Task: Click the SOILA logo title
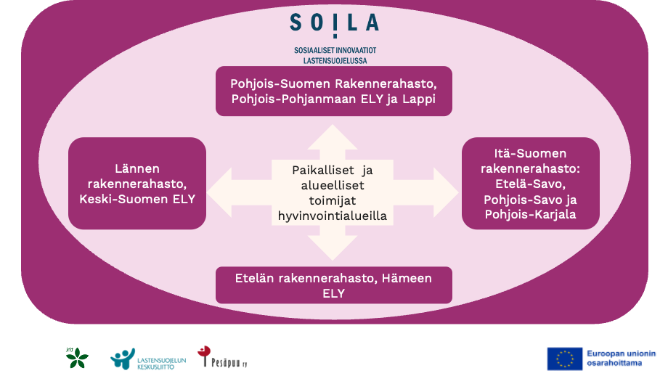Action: click(x=334, y=23)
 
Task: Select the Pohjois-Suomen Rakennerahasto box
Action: click(x=334, y=91)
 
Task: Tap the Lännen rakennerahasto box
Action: click(x=137, y=183)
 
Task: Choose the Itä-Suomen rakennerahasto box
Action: click(x=531, y=183)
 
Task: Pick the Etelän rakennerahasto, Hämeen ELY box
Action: click(x=334, y=285)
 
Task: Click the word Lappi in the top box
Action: click(x=418, y=99)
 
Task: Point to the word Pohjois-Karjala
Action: click(x=530, y=213)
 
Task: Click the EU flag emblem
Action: click(x=565, y=358)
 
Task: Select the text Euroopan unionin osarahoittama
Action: click(x=622, y=358)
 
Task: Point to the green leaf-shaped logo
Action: click(x=76, y=357)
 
